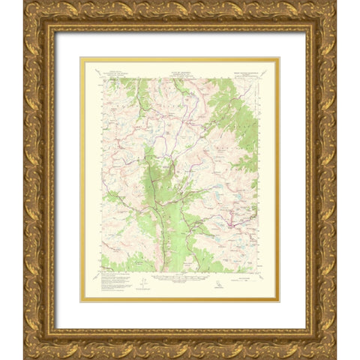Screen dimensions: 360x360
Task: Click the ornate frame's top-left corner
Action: [x=25, y=3]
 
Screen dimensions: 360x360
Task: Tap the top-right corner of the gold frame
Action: [x=334, y=3]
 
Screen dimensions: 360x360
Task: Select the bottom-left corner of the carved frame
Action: [x=25, y=357]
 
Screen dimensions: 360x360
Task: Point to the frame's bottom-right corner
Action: [x=334, y=357]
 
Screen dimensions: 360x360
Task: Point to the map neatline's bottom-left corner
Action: [x=100, y=271]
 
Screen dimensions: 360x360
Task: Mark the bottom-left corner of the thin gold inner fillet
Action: [x=81, y=301]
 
